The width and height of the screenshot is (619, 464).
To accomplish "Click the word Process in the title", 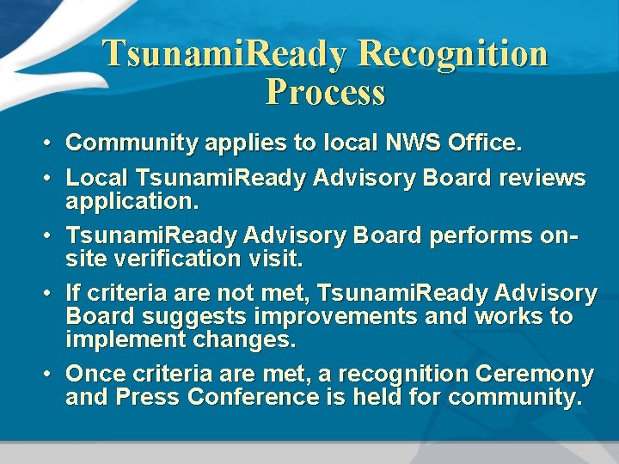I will pyautogui.click(x=326, y=92).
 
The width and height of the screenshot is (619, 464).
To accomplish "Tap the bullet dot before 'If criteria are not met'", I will pyautogui.click(x=50, y=294).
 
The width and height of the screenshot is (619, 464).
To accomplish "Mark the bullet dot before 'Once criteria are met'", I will pyautogui.click(x=50, y=375).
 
